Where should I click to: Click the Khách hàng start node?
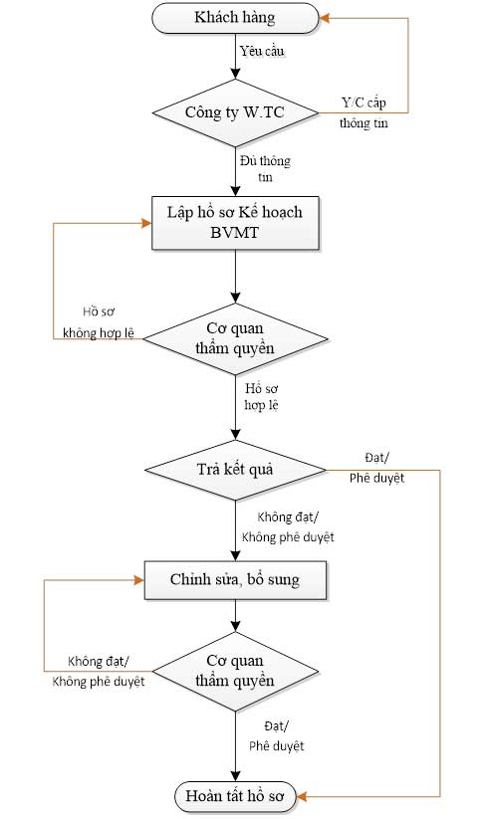click(235, 18)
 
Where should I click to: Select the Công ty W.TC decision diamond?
click(235, 112)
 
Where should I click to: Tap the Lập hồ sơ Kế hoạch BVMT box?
click(235, 223)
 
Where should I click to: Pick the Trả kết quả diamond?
click(235, 470)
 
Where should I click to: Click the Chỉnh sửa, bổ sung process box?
click(235, 580)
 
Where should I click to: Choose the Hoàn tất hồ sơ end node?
click(235, 796)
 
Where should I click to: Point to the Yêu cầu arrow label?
click(262, 51)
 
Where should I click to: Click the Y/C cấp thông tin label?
click(364, 112)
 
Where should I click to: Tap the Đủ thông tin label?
click(266, 168)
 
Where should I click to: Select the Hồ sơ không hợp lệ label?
click(99, 322)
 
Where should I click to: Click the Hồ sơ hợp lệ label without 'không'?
click(261, 396)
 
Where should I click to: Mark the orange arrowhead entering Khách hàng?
click(324, 18)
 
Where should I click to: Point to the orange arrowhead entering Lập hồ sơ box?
click(146, 223)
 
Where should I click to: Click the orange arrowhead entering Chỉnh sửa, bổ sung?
click(139, 580)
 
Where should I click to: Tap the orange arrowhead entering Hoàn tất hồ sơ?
click(302, 796)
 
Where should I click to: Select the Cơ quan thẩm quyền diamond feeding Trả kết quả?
click(235, 338)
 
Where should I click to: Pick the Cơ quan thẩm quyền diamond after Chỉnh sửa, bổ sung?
click(235, 671)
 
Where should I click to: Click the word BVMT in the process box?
click(235, 233)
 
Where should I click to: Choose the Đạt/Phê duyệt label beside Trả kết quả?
click(376, 468)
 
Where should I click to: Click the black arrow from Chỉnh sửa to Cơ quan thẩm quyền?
click(235, 615)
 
